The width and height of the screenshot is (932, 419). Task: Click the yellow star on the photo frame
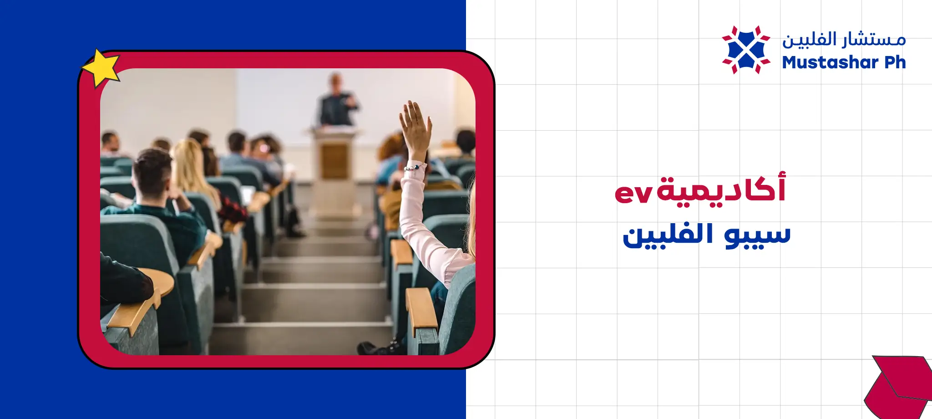click(x=101, y=67)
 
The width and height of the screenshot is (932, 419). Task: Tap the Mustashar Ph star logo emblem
click(x=746, y=50)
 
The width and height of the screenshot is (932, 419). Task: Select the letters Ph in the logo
click(x=895, y=62)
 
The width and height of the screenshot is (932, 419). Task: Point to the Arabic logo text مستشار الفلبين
click(x=844, y=40)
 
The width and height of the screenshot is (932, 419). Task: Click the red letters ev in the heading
click(x=633, y=193)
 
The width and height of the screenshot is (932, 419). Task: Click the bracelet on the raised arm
click(x=413, y=167)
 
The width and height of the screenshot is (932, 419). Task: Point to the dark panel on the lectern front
click(x=334, y=161)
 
